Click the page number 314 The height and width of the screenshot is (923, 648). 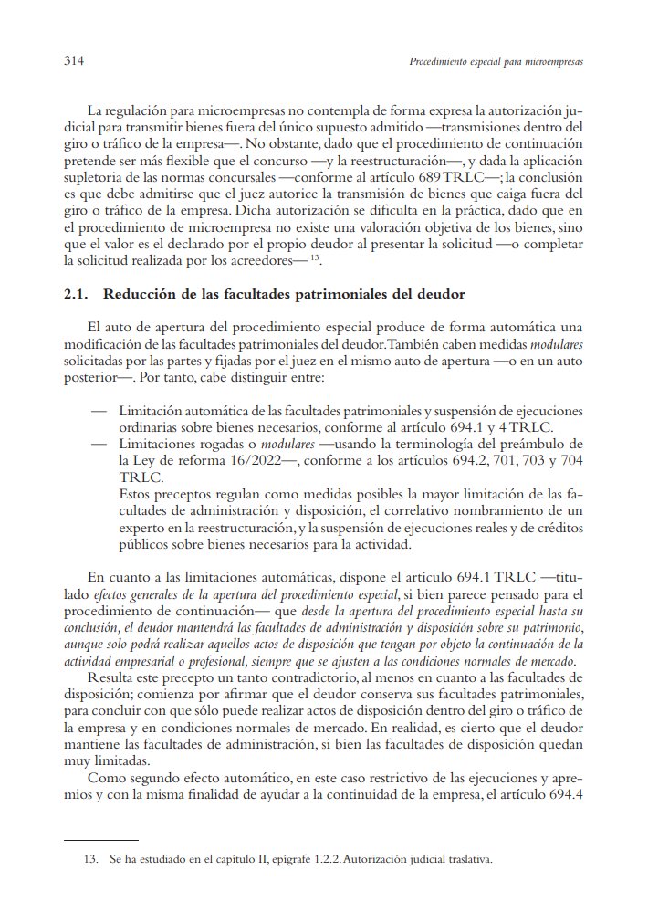(74, 62)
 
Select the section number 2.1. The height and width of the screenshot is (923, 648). (76, 294)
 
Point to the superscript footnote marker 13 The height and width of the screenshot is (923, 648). (313, 258)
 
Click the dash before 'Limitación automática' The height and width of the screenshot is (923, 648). (99, 411)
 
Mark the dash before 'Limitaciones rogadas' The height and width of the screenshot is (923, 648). (99, 444)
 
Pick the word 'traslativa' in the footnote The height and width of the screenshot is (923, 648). (464, 858)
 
